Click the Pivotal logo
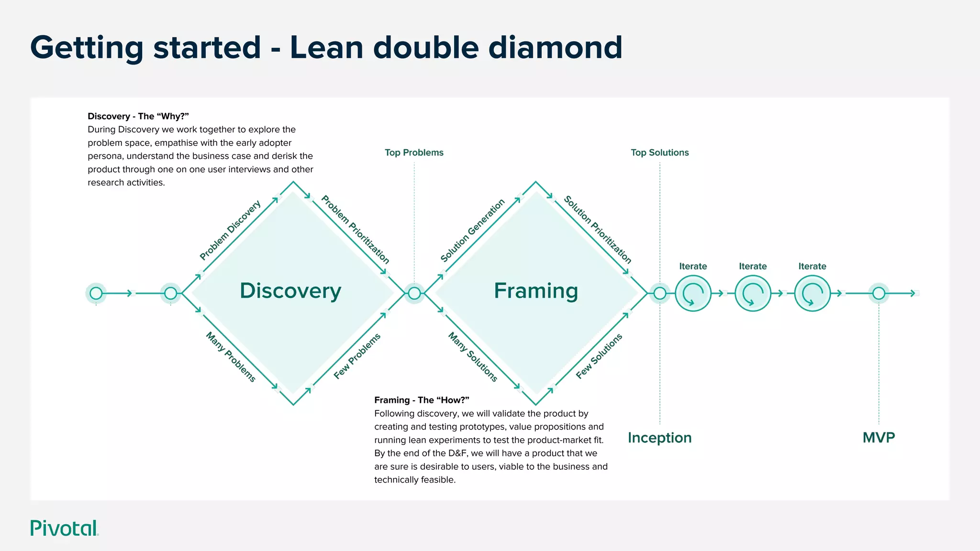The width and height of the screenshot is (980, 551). pos(64,528)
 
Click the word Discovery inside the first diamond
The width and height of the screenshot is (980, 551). pos(290,291)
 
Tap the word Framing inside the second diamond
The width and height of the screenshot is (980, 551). pos(536,291)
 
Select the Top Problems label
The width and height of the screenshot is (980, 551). pos(414,153)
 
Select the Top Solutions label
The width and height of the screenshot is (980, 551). pos(659,153)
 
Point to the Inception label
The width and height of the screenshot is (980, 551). pos(659,438)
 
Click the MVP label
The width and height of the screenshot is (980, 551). pos(879,438)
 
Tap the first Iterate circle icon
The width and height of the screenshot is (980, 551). pos(693,293)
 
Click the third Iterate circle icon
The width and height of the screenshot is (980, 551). pos(812,293)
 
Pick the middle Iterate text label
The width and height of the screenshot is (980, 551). pos(753,266)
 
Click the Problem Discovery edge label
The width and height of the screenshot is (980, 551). pos(230,230)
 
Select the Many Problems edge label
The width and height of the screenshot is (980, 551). pos(231,357)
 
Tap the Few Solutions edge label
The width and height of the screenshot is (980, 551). pos(599,356)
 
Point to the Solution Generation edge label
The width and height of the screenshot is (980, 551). pos(473,230)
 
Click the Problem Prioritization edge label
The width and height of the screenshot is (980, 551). pos(355,230)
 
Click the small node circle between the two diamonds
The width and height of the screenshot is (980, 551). pos(414,293)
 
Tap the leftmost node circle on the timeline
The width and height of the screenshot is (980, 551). pos(96,293)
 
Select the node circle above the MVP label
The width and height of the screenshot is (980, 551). pos(879,293)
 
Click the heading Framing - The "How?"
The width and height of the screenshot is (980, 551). pos(422,400)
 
